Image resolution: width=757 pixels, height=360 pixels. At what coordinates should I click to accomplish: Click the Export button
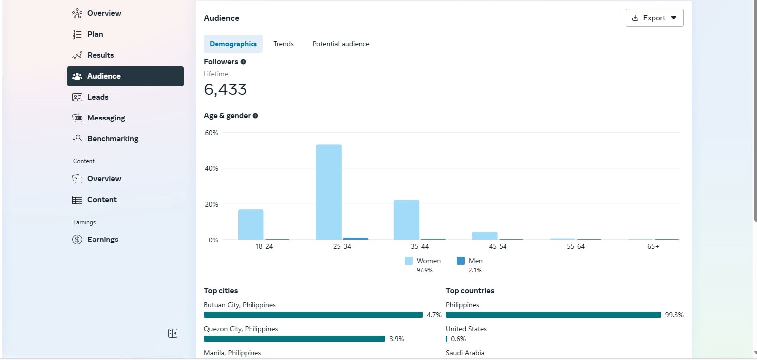654,18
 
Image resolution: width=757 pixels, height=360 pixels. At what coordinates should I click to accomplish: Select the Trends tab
283,44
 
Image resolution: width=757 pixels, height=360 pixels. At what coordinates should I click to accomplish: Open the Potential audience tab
341,44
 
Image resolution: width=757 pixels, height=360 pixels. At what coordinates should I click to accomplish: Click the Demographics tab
233,44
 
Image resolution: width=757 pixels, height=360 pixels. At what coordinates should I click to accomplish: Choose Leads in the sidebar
98,97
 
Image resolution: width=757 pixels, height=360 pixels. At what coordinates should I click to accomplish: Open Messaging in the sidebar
106,118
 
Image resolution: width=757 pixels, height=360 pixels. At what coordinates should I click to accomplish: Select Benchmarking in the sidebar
113,139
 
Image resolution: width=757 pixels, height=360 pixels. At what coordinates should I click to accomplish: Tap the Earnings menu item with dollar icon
102,240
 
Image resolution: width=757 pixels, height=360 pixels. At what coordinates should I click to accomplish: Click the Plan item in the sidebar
95,34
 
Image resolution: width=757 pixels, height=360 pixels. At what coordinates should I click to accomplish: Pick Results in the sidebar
100,55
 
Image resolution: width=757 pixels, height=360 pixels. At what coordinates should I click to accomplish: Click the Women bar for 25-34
329,192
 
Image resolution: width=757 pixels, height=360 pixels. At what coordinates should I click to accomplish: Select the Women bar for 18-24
251,225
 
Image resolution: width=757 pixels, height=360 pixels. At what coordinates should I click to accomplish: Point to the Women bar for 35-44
406,220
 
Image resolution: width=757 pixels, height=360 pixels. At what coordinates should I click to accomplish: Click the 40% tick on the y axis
211,168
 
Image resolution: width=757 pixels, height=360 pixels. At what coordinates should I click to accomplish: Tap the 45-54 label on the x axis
498,247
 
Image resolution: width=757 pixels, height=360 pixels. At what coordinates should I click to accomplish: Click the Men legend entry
470,261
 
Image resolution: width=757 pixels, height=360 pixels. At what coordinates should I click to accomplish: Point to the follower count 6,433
225,90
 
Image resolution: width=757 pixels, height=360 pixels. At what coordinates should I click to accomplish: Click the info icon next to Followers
243,62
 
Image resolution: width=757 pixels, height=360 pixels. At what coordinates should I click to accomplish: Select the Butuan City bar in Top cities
313,315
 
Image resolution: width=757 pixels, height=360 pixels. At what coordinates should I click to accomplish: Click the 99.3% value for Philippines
674,315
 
